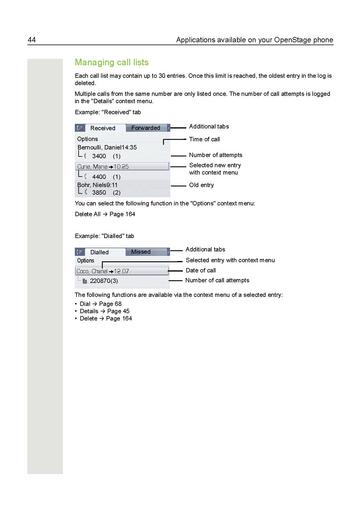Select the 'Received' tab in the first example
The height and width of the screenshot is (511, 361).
click(102, 128)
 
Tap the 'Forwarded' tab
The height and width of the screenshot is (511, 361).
click(145, 128)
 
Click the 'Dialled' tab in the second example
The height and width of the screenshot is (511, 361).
click(99, 252)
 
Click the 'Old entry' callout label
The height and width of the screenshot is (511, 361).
click(204, 185)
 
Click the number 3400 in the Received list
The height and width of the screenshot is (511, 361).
click(98, 157)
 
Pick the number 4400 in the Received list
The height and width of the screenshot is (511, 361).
click(98, 176)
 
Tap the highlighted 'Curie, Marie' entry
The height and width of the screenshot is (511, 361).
click(103, 166)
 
